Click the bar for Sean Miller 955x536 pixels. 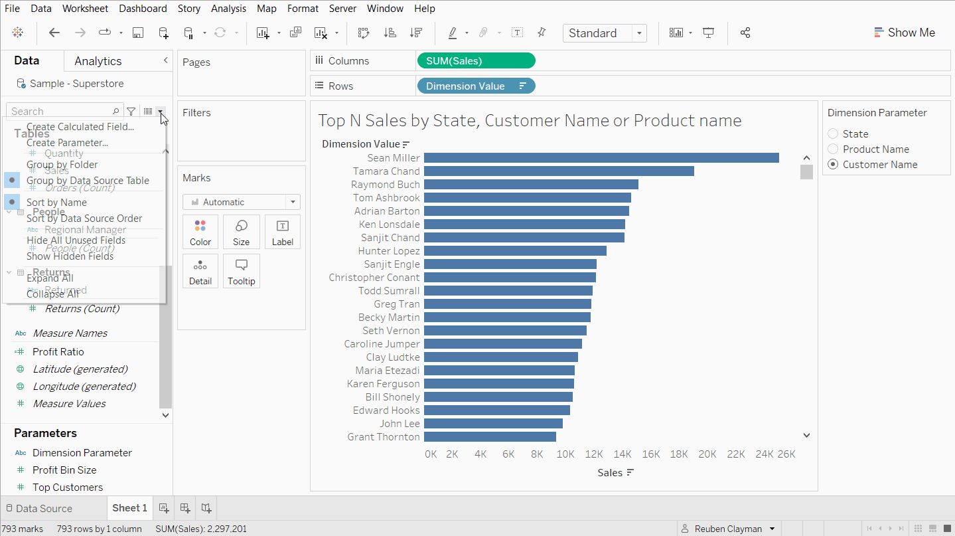[601, 158]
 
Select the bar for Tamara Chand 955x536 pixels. [559, 171]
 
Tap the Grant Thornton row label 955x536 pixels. [384, 437]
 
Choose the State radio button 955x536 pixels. [833, 134]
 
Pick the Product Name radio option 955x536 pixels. [833, 149]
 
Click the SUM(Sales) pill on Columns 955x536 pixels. [475, 61]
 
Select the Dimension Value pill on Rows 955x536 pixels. [475, 86]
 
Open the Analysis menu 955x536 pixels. [228, 9]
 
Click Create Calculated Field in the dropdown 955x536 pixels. [80, 127]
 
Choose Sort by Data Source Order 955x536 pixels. [84, 219]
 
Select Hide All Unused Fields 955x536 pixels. [76, 240]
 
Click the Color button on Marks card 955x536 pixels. [200, 232]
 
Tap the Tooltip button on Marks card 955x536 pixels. [242, 271]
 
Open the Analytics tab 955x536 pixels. [98, 61]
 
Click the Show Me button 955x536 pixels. [904, 33]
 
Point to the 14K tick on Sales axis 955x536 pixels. [622, 454]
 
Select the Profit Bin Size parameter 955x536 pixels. [64, 470]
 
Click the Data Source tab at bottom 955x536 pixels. [44, 508]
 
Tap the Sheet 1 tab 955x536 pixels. [129, 508]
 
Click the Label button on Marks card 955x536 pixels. [283, 232]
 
